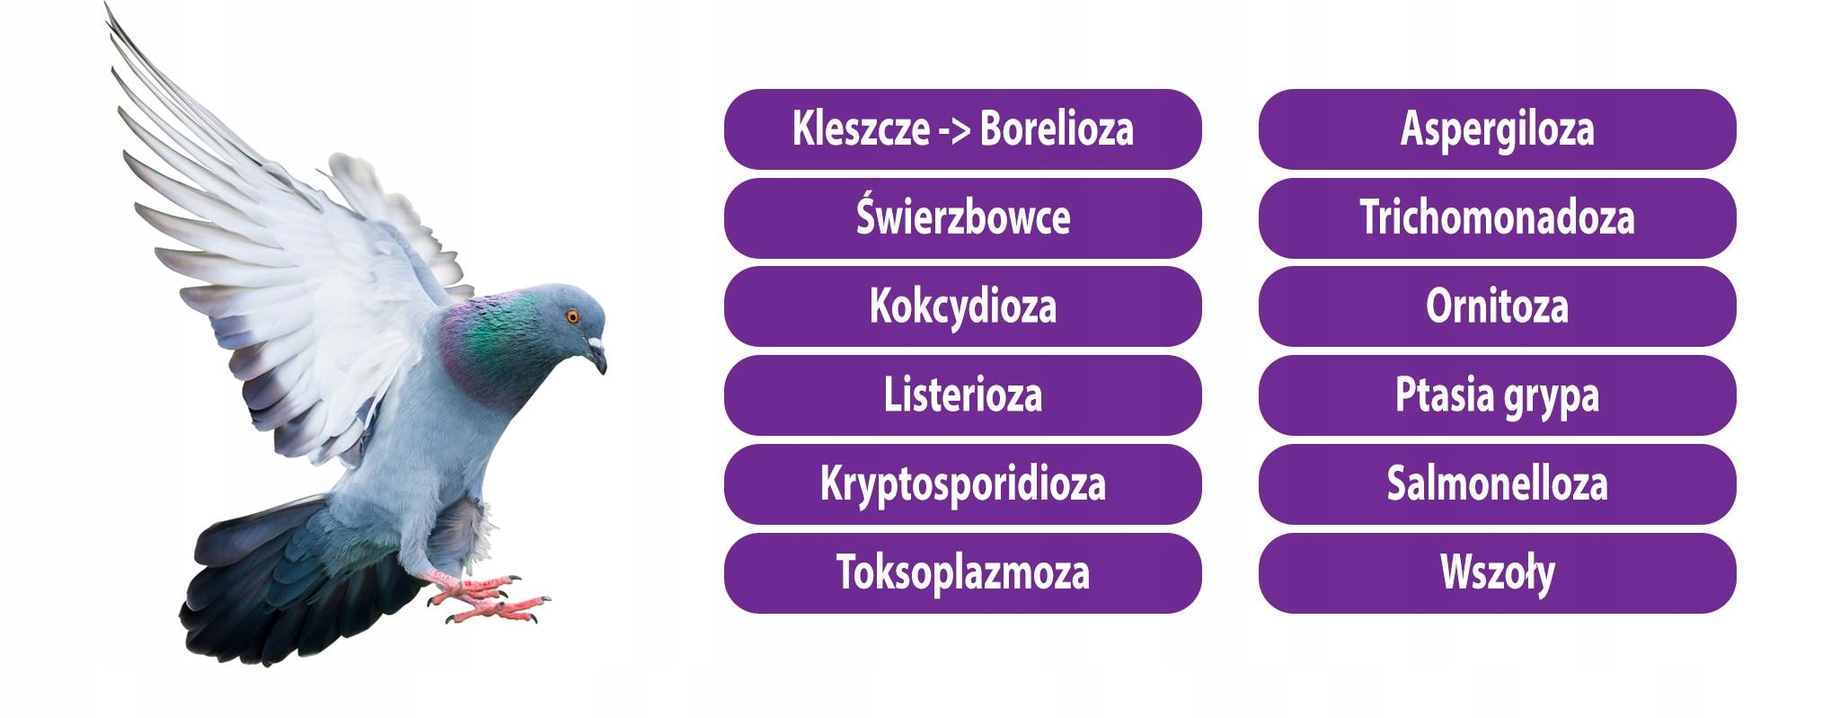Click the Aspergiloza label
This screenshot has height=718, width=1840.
[1497, 129]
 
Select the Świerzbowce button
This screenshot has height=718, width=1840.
[962, 217]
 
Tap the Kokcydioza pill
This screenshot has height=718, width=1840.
[962, 306]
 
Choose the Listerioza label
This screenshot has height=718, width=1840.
[962, 395]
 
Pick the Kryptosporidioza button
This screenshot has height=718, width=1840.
[962, 484]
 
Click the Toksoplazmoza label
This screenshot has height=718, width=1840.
[962, 573]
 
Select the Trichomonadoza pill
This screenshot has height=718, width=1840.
[1497, 217]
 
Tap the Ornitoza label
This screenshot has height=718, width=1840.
[1497, 306]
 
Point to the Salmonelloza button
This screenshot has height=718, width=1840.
[1497, 484]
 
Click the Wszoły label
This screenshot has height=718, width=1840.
[1497, 573]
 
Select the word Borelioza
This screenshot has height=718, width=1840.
[1057, 129]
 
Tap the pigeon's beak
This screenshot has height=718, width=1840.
[597, 355]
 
